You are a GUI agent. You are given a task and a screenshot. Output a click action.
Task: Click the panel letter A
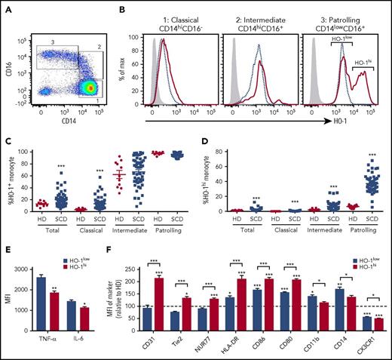tap(6, 7)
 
